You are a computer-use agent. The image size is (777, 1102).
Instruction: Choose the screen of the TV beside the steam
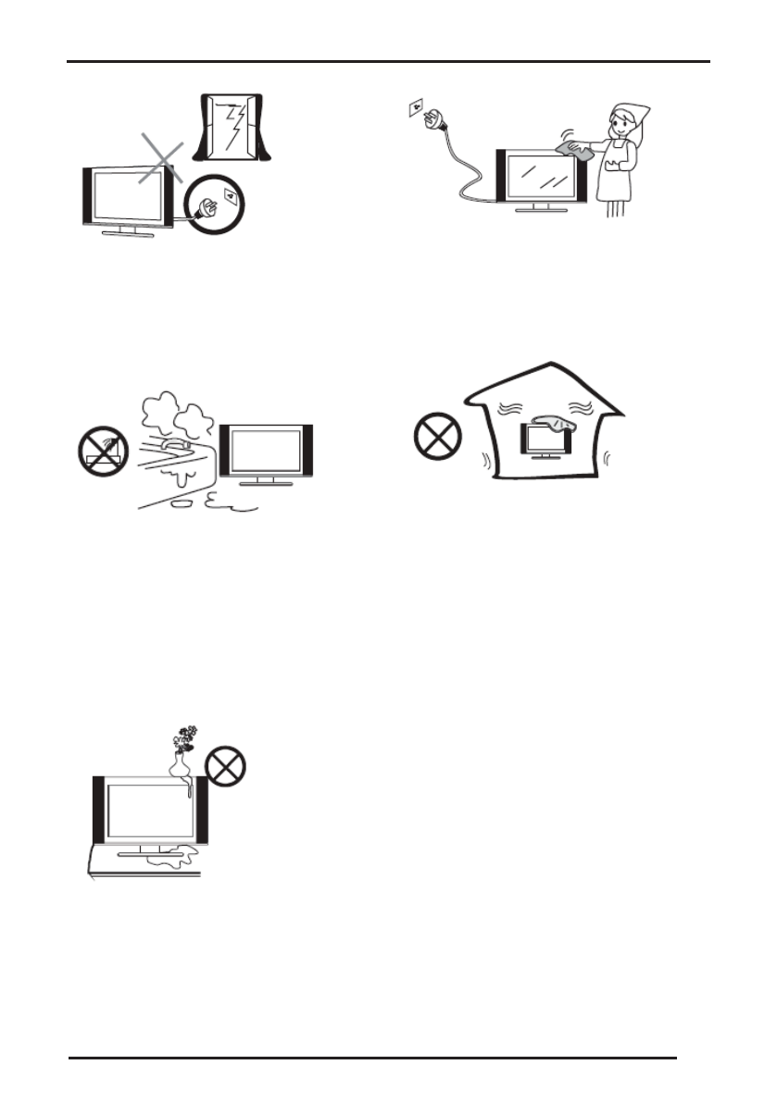pos(266,452)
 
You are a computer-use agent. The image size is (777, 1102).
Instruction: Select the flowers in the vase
pos(185,737)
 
